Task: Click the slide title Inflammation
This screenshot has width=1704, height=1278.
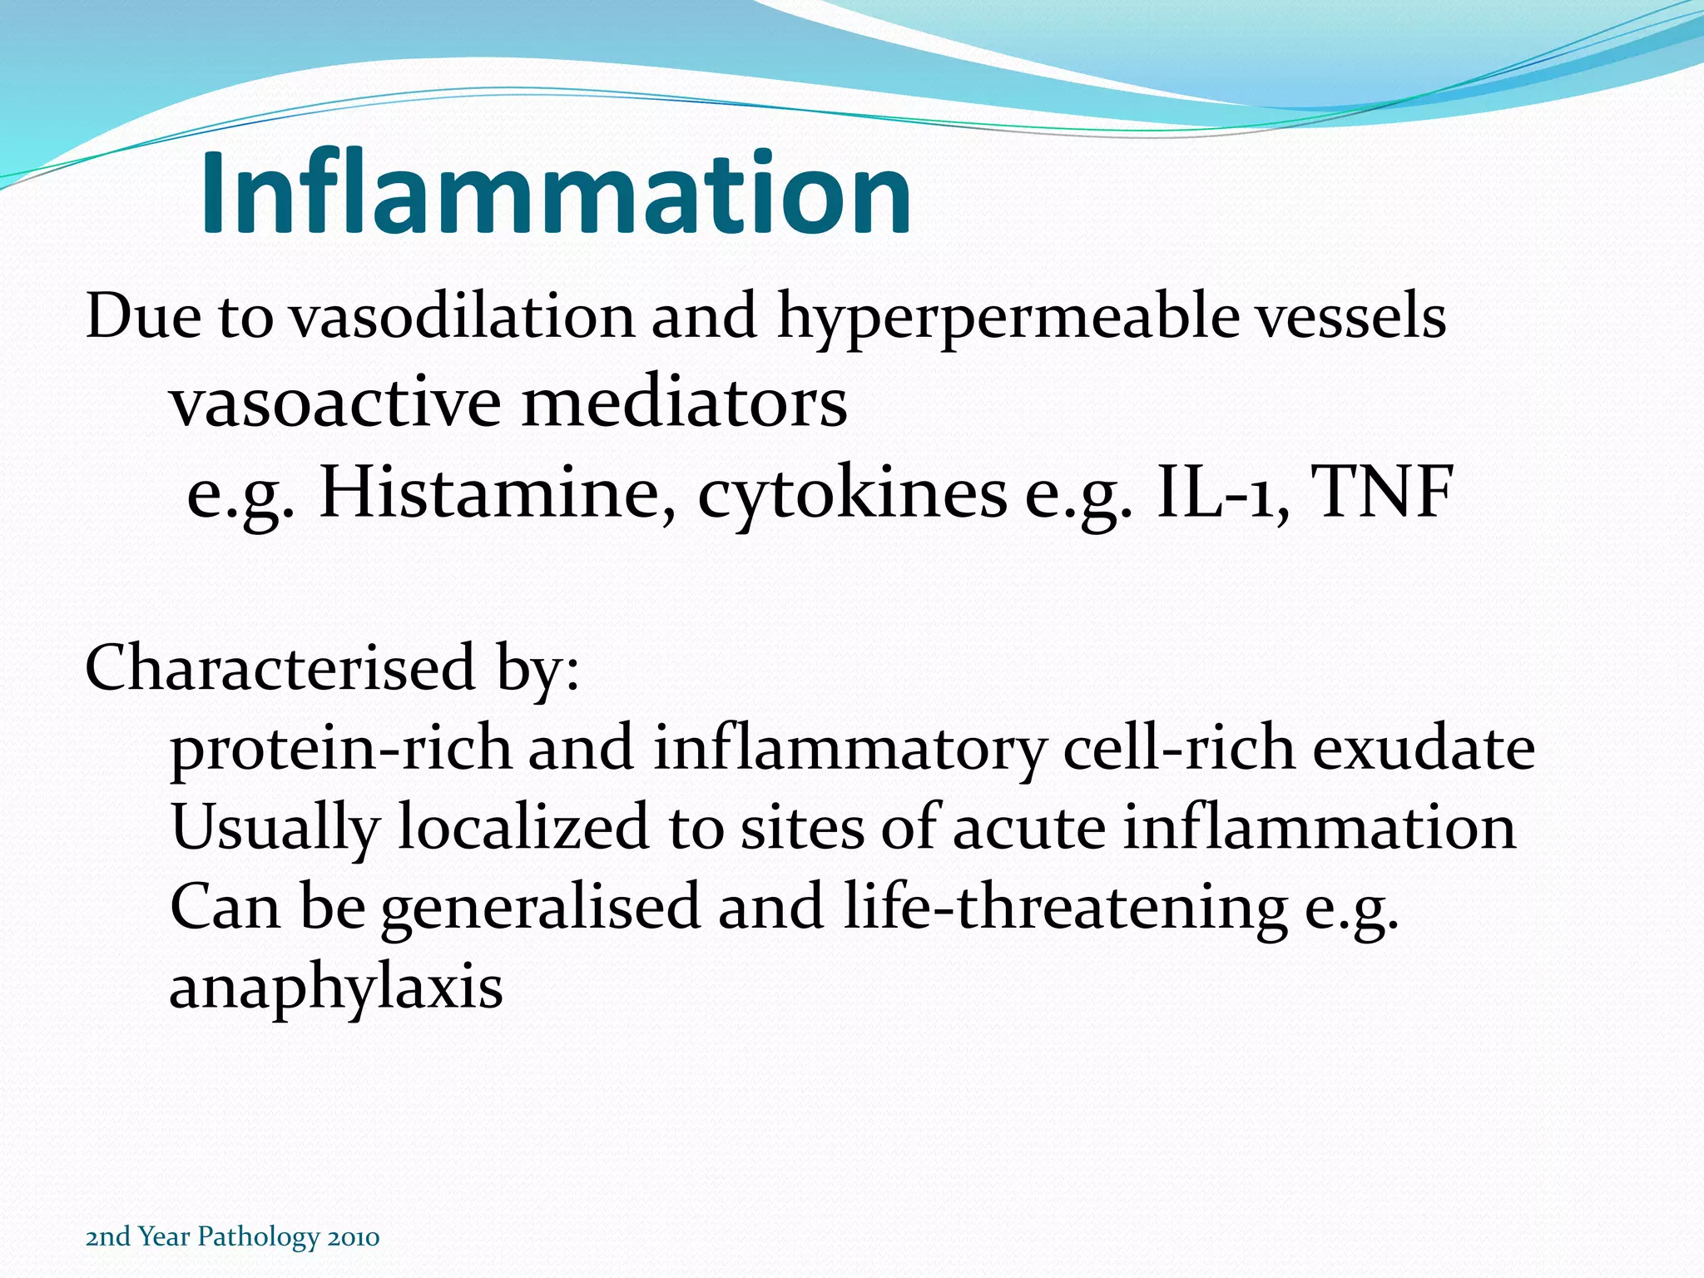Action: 556,193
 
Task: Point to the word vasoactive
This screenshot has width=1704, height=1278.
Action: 336,404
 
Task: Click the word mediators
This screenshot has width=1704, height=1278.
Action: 685,404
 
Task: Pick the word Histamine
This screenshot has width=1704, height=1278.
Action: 497,493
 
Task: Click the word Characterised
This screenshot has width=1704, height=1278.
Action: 280,667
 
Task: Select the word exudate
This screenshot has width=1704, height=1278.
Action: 1424,747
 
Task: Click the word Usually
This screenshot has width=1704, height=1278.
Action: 275,829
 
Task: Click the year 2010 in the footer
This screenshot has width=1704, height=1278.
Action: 354,1237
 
